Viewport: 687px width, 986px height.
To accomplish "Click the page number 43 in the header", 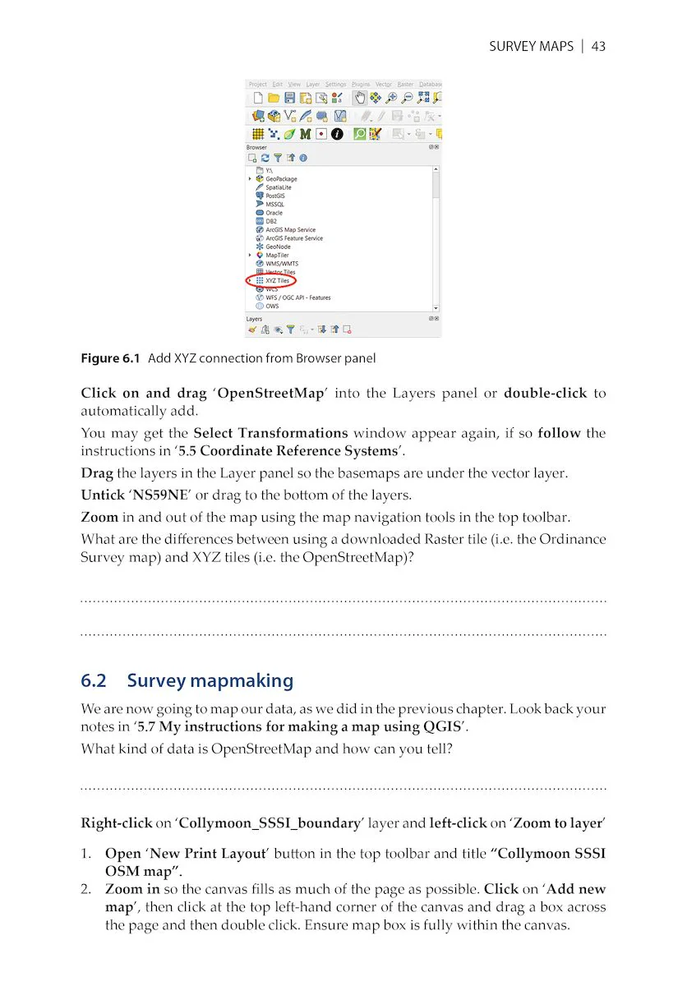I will [x=598, y=46].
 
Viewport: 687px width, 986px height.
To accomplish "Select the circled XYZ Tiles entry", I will [x=276, y=280].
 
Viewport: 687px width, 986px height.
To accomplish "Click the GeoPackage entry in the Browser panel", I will [x=280, y=178].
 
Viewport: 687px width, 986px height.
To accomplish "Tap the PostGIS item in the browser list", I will [x=274, y=196].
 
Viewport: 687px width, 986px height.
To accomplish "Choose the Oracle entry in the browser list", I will [x=273, y=213].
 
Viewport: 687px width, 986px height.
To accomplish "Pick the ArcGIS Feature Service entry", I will [x=293, y=238].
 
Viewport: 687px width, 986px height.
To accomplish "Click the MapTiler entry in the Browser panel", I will [x=276, y=255].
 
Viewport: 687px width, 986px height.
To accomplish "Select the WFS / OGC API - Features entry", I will [x=297, y=297].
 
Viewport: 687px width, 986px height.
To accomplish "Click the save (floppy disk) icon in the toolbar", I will [x=290, y=98].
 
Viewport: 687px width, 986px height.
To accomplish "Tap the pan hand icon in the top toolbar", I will [x=360, y=98].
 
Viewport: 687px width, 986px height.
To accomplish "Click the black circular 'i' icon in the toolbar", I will [x=336, y=134].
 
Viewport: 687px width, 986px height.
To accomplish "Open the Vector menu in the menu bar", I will [x=384, y=84].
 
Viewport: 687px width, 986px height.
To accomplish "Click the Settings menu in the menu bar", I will [x=335, y=84].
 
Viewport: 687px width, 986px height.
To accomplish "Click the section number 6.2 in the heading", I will [x=94, y=680].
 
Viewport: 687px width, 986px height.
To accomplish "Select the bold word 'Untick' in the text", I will [x=100, y=495].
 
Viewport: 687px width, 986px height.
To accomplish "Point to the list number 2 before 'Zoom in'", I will [x=85, y=889].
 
